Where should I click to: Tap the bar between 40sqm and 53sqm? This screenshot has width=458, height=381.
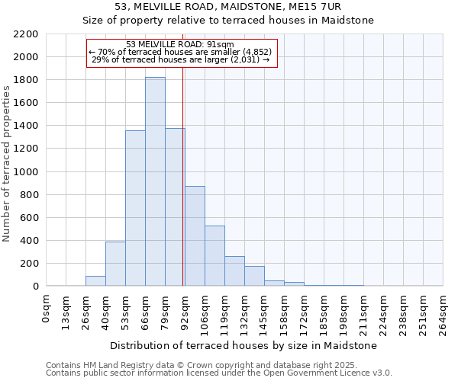tap(115, 264)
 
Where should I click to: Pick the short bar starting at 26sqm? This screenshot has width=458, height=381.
tap(95, 281)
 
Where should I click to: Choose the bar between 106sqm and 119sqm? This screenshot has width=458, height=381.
tap(214, 256)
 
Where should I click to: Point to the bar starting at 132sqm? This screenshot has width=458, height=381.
tap(254, 276)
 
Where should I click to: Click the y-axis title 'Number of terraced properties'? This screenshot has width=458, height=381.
tap(8, 164)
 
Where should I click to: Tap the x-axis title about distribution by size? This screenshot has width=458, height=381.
tap(244, 346)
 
